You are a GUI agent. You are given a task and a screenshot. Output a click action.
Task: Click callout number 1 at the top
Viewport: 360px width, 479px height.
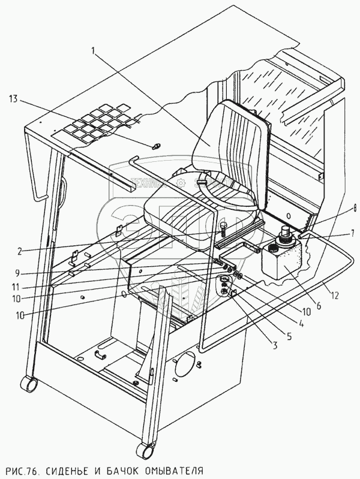pos(95,52)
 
